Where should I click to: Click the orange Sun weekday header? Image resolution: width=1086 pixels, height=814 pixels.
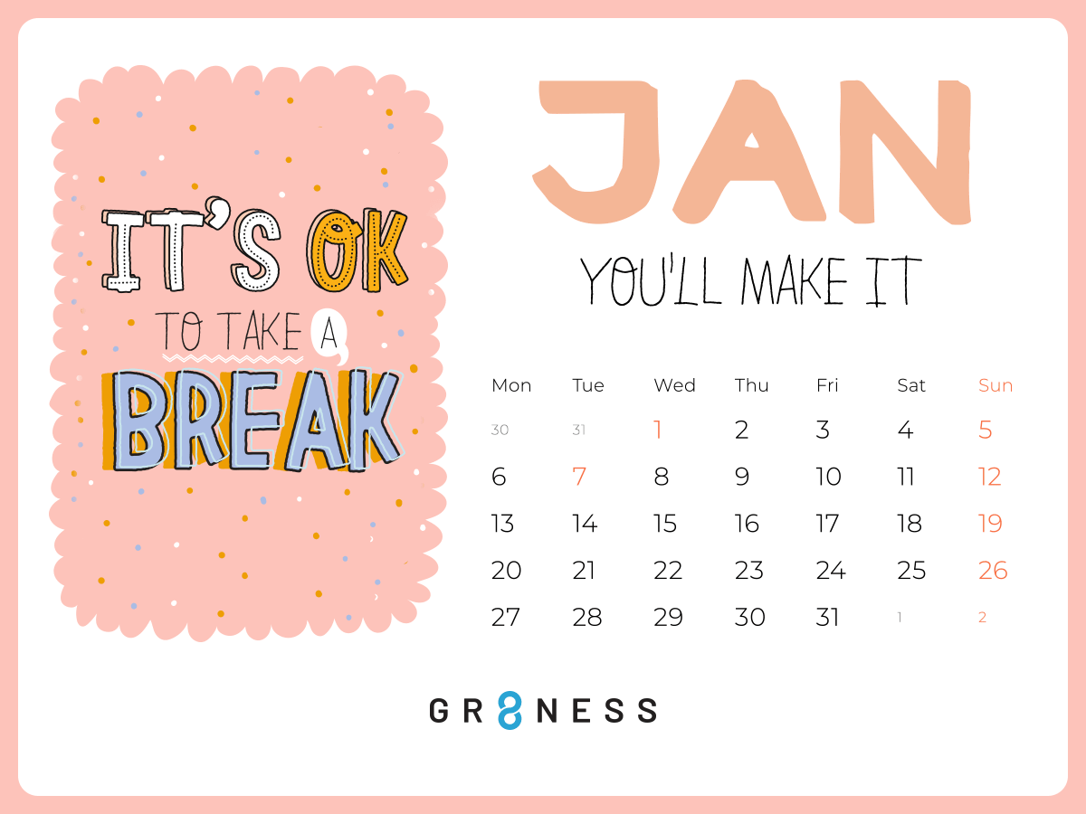[x=995, y=385]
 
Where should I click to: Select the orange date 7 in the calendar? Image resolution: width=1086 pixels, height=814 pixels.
[x=579, y=477]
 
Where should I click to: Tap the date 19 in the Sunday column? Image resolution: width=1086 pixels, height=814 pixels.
[x=990, y=524]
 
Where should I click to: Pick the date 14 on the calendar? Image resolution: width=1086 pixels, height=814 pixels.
[x=585, y=524]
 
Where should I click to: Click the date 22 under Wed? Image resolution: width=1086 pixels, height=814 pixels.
[x=667, y=571]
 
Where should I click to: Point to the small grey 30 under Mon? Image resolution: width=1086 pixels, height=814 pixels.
[x=500, y=430]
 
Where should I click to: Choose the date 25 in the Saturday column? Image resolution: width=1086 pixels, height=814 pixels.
[x=910, y=571]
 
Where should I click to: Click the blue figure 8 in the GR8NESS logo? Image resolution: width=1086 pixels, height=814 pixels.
[x=510, y=710]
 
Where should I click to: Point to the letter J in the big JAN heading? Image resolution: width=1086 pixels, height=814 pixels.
[x=596, y=151]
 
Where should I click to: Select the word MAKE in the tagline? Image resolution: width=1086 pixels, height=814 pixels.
[x=794, y=280]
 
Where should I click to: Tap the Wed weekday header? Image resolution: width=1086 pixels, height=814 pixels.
[x=674, y=385]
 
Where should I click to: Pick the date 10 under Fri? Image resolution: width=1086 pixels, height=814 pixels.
[x=828, y=477]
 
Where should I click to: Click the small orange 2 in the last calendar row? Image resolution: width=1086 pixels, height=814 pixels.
[x=982, y=618]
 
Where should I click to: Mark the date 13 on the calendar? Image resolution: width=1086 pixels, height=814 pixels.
[x=502, y=524]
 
